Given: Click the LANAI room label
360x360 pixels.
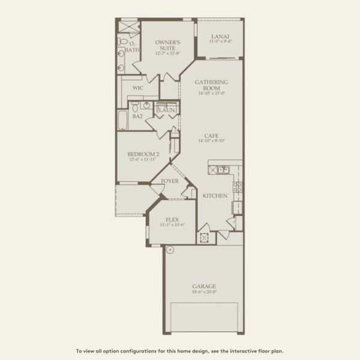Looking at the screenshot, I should click(x=220, y=36).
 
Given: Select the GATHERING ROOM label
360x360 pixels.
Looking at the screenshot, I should click(x=211, y=85).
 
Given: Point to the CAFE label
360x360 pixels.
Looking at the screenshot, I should click(x=211, y=136).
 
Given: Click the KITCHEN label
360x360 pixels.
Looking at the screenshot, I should click(x=214, y=196).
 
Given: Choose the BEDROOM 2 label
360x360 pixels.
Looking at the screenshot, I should click(x=143, y=154).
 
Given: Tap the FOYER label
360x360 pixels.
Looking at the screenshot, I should click(x=169, y=179).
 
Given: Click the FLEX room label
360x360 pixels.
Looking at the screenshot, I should click(x=172, y=220).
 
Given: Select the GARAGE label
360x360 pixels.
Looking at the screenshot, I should click(x=204, y=286).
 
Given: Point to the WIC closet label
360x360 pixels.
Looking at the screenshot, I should click(x=137, y=88).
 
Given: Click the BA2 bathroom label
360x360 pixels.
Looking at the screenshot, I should click(x=137, y=116).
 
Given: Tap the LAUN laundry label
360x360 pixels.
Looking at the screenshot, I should click(x=166, y=110).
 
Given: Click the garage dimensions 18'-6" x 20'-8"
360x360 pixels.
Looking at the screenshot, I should click(x=204, y=292).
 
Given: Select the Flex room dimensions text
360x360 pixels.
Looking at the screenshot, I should click(x=172, y=225).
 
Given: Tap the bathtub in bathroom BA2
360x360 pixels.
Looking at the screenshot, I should click(x=122, y=119).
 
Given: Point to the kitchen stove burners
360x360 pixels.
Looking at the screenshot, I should click(x=238, y=187).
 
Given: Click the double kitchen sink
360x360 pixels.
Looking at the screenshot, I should click(x=223, y=170).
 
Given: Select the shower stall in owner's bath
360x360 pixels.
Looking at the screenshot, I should click(x=127, y=28).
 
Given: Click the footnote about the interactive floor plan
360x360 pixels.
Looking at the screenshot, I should click(x=180, y=351).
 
